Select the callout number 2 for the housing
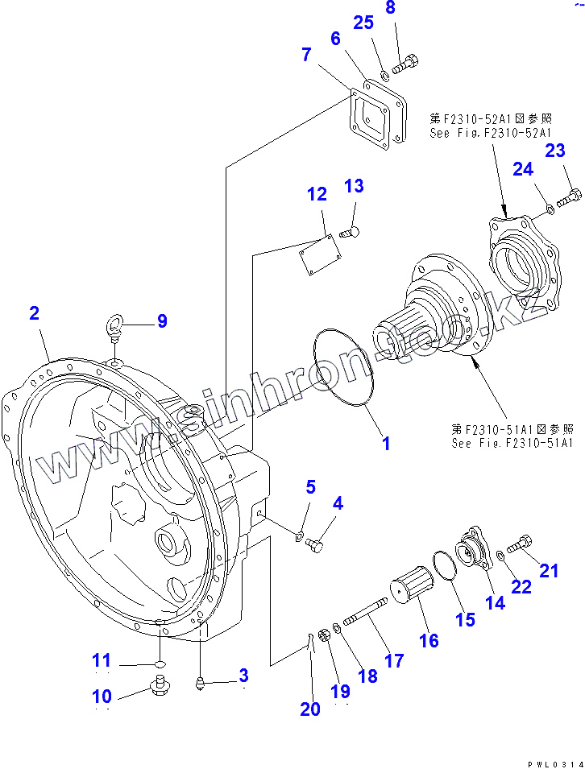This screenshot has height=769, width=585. coord(34,313)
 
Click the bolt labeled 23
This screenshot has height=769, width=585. coord(569,196)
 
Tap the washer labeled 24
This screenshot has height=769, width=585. coord(549,209)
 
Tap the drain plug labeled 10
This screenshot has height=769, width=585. coord(160,687)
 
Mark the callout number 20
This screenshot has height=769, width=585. coord(309,709)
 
